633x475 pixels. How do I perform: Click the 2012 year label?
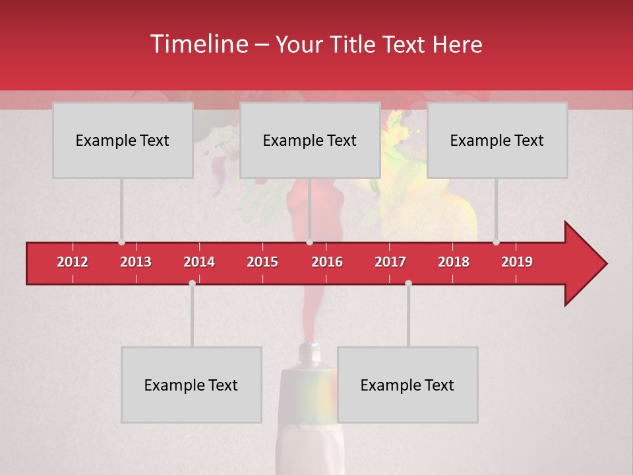pyautogui.click(x=73, y=262)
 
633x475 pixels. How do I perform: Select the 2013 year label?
pyautogui.click(x=136, y=262)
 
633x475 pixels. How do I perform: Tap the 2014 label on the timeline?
pyautogui.click(x=199, y=262)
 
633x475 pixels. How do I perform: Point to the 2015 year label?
pyautogui.click(x=262, y=262)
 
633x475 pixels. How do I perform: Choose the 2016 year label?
pyautogui.click(x=327, y=262)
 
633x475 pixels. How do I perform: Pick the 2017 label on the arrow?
pyautogui.click(x=390, y=262)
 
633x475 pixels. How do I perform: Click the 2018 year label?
pyautogui.click(x=454, y=262)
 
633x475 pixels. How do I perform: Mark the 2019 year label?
pyautogui.click(x=517, y=262)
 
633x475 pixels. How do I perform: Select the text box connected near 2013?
pyautogui.click(x=123, y=140)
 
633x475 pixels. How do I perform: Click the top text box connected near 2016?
pyautogui.click(x=310, y=140)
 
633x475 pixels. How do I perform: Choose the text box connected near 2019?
pyautogui.click(x=497, y=140)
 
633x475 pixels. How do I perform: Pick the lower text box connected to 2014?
pyautogui.click(x=191, y=385)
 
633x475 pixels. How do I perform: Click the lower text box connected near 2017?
pyautogui.click(x=407, y=385)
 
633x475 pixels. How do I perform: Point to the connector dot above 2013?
pyautogui.click(x=121, y=242)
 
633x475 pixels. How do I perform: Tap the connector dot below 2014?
pyautogui.click(x=192, y=283)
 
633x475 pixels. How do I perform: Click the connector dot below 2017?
pyautogui.click(x=408, y=283)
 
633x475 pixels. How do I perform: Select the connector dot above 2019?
pyautogui.click(x=496, y=242)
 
